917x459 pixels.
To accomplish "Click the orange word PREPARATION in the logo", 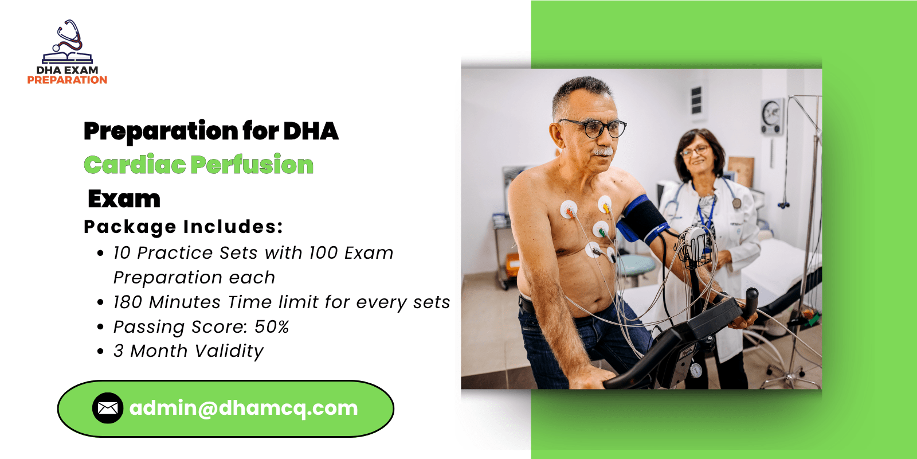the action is coord(67,80).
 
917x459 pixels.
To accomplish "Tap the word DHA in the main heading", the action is coord(311,131).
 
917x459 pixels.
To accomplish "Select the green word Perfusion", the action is coord(252,165).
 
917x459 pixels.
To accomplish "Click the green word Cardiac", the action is coord(135,165).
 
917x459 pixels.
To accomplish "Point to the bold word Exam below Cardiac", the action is coord(124,199).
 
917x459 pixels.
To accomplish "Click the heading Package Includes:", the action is coord(183,227).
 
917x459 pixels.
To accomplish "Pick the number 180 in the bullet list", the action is coord(127,302).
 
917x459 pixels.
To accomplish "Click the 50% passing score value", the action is coord(272,327).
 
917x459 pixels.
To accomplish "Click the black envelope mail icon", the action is coord(108,408).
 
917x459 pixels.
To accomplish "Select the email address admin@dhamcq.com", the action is coord(244,408).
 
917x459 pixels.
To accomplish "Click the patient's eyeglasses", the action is coord(595,129).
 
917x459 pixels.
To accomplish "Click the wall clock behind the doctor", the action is coord(772,116).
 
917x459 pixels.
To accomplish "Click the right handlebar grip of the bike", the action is coord(751,303).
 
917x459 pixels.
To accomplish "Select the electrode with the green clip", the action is coord(601,229).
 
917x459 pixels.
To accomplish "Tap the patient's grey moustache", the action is coord(602,152).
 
